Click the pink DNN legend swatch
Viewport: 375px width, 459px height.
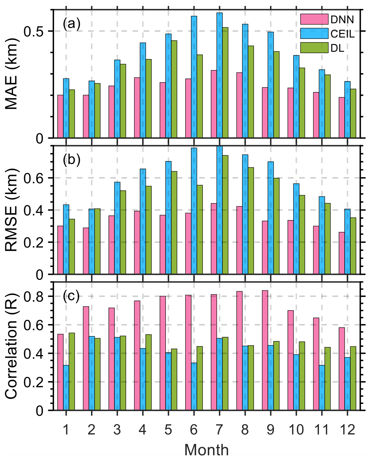(314, 19)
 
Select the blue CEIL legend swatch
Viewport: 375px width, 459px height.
(314, 34)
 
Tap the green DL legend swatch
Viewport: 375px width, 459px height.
(314, 48)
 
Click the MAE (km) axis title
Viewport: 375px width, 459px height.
(12, 74)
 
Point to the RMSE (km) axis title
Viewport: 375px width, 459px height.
(12, 210)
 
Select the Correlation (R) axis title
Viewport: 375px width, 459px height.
(12, 346)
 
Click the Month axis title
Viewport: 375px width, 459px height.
(206, 450)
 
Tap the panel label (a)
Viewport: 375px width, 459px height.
(72, 24)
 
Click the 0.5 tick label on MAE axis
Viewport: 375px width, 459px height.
(34, 31)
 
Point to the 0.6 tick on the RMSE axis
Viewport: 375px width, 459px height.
(34, 178)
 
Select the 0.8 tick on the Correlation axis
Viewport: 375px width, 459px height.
(34, 296)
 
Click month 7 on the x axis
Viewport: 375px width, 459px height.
(219, 430)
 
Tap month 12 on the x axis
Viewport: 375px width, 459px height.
(347, 430)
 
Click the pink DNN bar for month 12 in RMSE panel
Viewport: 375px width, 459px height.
(342, 253)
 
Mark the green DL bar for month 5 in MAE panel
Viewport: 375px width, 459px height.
(174, 89)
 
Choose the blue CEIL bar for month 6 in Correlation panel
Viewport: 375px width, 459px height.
(194, 386)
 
